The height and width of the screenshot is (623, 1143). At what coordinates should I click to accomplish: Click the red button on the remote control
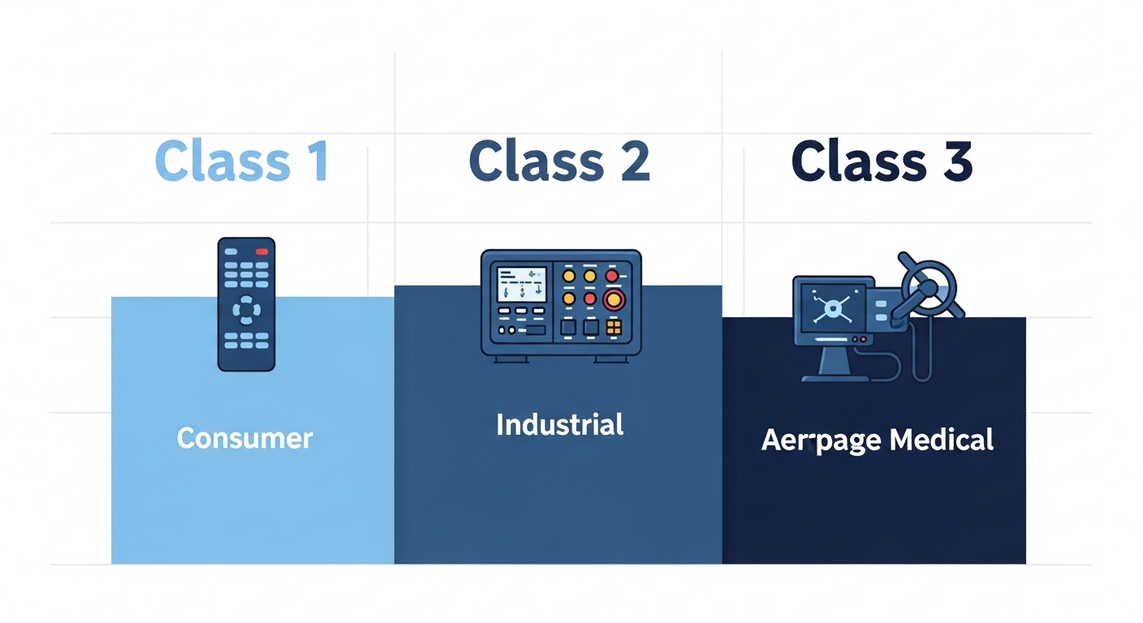point(261,251)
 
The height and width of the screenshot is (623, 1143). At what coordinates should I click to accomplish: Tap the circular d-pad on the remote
point(246,309)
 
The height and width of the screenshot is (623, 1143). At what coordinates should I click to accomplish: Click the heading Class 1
point(241,161)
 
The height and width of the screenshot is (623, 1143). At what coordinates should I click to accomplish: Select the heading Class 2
point(559,161)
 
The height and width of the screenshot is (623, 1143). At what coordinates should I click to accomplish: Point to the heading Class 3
point(882,161)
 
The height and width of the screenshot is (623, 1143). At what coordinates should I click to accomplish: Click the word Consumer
point(244,439)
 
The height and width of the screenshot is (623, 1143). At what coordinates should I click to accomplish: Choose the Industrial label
point(559,424)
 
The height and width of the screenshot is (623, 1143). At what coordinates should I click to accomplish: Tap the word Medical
point(942,440)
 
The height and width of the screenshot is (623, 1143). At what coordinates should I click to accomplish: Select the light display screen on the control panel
point(521,284)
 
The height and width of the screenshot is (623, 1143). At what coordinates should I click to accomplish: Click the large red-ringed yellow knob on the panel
point(614,301)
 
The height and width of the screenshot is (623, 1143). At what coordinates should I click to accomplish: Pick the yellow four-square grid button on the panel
point(614,328)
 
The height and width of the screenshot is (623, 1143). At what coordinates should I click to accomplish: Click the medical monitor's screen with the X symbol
point(830,307)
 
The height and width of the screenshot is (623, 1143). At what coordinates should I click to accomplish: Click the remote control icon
point(246,303)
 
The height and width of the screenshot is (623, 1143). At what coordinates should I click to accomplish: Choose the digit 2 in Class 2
point(632,161)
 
